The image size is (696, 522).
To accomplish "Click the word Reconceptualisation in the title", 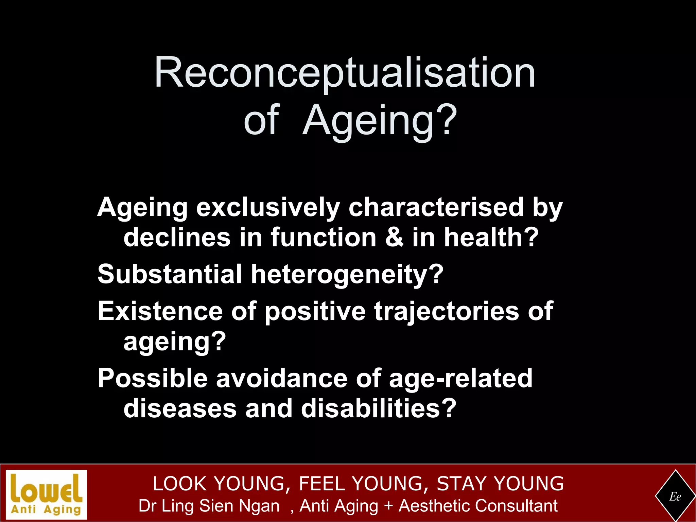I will pos(345,73).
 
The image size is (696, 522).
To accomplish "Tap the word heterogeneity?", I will pos(347,275).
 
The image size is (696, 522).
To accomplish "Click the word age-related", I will pos(460,379).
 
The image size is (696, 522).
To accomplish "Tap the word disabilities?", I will pos(379,408).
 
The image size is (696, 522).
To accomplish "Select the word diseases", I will pos(180,408).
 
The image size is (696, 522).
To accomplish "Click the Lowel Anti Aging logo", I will pos(47,494).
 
